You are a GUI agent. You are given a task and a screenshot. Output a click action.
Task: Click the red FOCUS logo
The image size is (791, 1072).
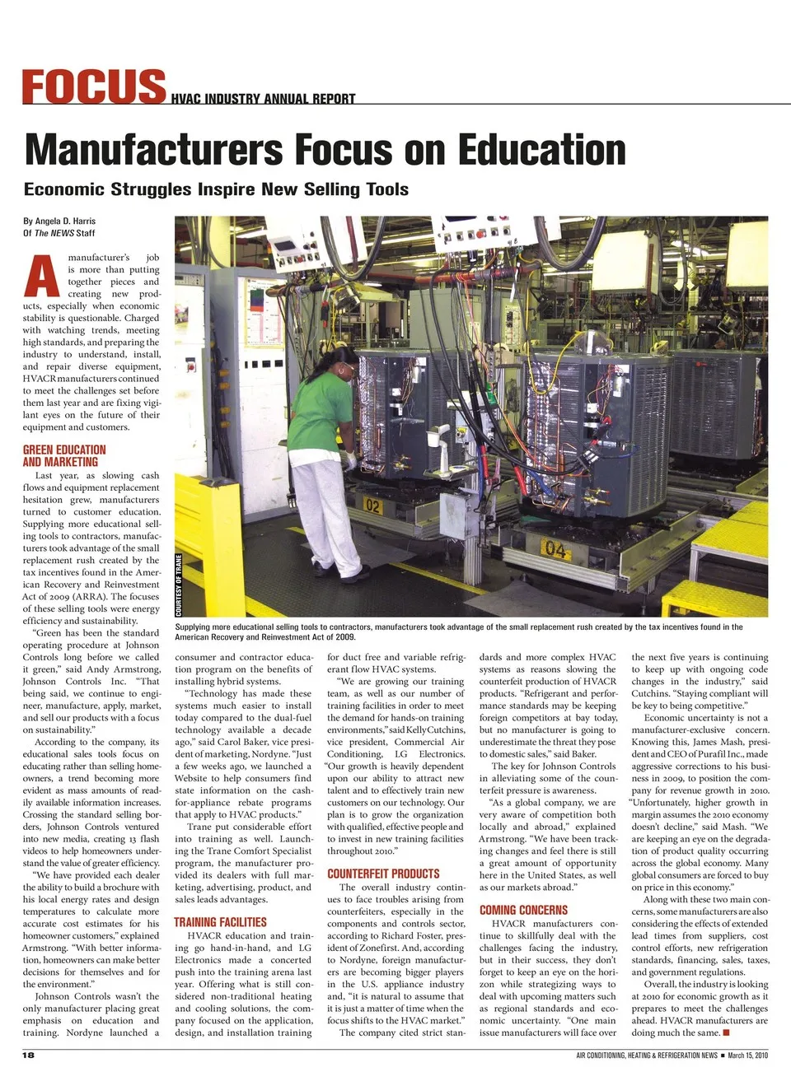coord(93,86)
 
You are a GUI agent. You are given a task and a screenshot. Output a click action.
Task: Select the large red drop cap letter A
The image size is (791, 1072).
coord(41,276)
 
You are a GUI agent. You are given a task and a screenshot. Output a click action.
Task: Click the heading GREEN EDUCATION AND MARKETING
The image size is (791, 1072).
coord(64,455)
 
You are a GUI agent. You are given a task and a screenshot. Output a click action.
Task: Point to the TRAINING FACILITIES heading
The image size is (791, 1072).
coord(220,922)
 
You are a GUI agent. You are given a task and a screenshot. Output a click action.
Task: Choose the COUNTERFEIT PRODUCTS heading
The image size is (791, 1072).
coord(383,874)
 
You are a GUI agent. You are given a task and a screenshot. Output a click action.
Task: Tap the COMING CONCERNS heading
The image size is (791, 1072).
coord(523,910)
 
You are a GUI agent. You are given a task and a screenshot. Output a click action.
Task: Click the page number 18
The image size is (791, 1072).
coord(29,1055)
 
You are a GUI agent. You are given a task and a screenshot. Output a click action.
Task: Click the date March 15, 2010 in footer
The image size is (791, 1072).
coord(747,1055)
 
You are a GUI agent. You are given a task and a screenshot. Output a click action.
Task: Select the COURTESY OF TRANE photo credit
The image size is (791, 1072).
coord(179,585)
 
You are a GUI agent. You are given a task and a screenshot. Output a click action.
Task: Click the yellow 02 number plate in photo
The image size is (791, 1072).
coord(372,506)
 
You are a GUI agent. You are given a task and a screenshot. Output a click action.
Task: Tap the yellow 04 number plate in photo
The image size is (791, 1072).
coord(556,548)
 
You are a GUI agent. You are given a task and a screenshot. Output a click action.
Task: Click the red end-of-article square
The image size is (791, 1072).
coord(726,1032)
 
